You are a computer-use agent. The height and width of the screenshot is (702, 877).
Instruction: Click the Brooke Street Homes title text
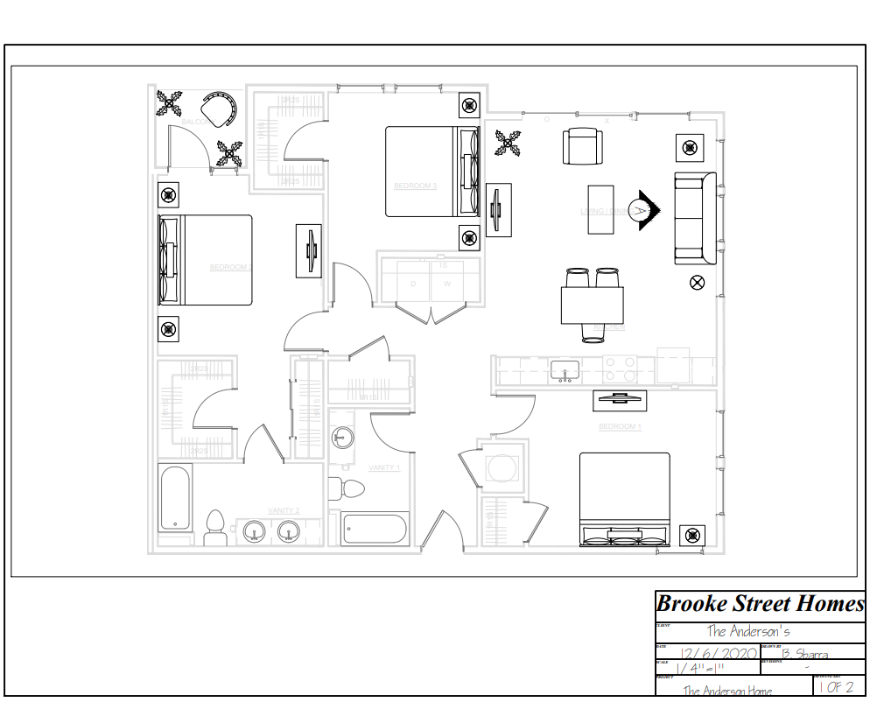(760, 604)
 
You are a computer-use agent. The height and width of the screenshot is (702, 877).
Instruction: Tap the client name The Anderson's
(748, 630)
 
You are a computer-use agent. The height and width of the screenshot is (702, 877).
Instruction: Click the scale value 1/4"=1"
(700, 669)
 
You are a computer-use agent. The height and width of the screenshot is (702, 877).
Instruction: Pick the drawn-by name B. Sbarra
(804, 653)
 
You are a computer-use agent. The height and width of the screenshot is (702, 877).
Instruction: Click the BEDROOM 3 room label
(415, 186)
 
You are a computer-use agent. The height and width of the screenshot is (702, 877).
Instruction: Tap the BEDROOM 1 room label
(620, 426)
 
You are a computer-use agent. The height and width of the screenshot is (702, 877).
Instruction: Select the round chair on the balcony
(220, 109)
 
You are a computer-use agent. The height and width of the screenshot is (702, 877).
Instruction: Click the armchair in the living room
(582, 146)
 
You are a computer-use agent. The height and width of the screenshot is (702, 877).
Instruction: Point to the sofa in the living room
(695, 218)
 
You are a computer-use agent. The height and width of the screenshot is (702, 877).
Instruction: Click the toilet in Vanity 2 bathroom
(214, 528)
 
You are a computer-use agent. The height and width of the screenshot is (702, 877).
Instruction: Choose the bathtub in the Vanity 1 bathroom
(375, 530)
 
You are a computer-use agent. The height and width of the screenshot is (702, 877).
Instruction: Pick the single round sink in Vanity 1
(342, 438)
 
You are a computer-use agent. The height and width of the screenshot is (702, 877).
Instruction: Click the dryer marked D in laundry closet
(413, 284)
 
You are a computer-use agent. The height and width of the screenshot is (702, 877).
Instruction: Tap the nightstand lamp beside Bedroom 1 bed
(692, 535)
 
